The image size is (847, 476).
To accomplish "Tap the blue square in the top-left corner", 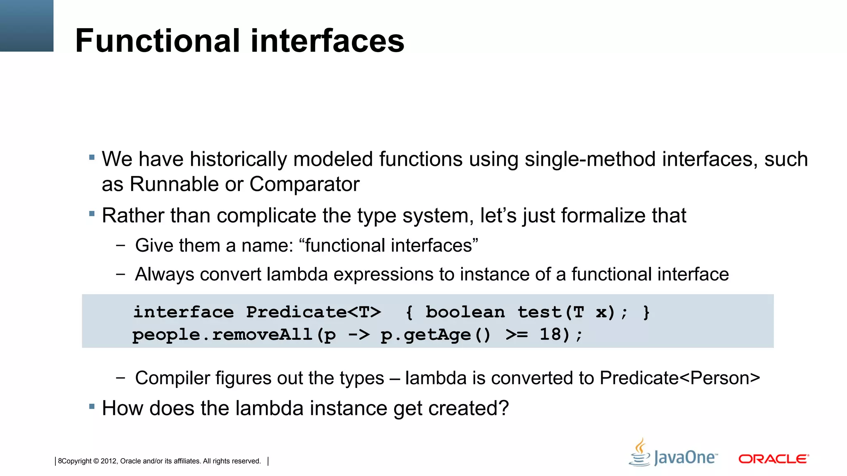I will [26, 26].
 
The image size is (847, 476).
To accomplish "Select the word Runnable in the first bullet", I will [174, 184].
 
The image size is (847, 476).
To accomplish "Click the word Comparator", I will [304, 184].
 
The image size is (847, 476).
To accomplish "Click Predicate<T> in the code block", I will [313, 312].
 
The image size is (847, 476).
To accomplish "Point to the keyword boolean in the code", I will [465, 312].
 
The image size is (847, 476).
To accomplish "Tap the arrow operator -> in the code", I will [359, 335].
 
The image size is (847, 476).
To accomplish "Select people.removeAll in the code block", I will [222, 335].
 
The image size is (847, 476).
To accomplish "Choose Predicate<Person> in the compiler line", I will [680, 378].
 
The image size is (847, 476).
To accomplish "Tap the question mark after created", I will [503, 409].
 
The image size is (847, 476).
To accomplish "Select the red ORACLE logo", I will [773, 459].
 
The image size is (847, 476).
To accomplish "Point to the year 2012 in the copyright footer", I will [108, 461].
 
